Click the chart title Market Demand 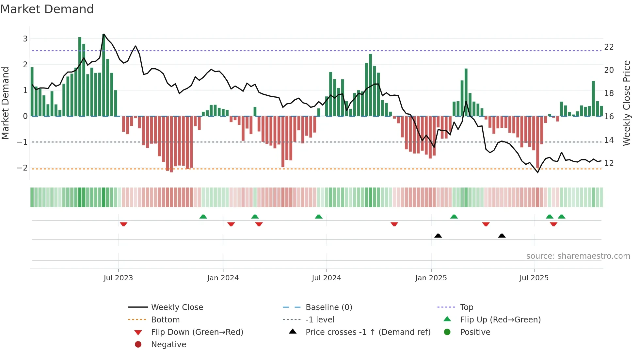[x=47, y=9]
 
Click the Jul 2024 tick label [x=326, y=278]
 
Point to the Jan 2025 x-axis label [x=431, y=278]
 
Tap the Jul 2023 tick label [x=118, y=278]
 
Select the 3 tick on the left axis [x=25, y=39]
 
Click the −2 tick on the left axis [x=23, y=168]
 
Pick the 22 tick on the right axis [x=609, y=47]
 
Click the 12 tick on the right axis [x=609, y=163]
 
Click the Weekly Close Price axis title [x=626, y=103]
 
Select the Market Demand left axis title [x=5, y=103]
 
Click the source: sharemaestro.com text [x=578, y=256]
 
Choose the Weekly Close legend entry [x=177, y=307]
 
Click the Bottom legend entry [x=165, y=320]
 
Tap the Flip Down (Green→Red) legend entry [x=197, y=332]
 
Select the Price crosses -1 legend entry [x=368, y=332]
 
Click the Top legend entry [x=467, y=307]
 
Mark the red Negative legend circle [x=138, y=345]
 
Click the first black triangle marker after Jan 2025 [x=438, y=236]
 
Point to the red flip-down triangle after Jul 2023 [x=123, y=224]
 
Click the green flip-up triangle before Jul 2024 [x=319, y=217]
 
